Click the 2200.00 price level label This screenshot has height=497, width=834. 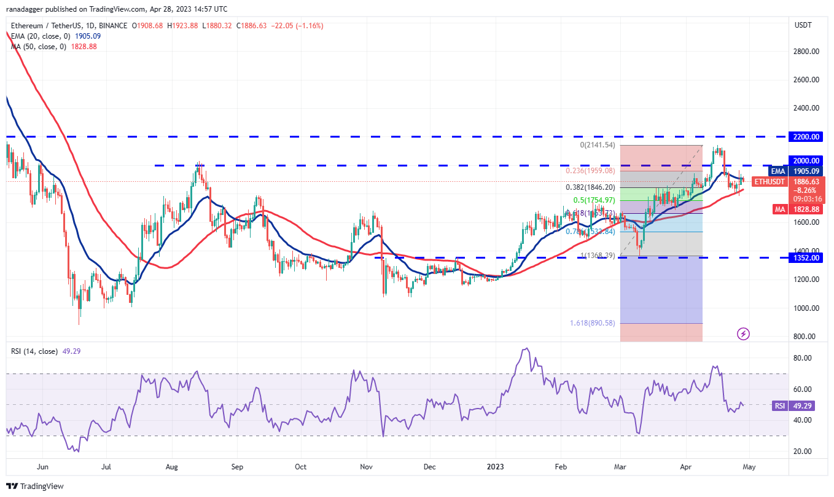coord(805,136)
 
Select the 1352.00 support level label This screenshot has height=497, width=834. coord(805,258)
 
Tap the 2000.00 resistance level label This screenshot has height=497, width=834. coord(805,161)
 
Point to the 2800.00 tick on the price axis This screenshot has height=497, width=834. coord(805,52)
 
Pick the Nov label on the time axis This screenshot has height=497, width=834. coord(366,467)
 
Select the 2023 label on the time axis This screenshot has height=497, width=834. coord(495,467)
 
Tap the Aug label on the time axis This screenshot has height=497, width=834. coord(172,467)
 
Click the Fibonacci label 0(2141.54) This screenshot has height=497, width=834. coord(598,145)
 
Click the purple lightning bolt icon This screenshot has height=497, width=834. coord(743,334)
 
